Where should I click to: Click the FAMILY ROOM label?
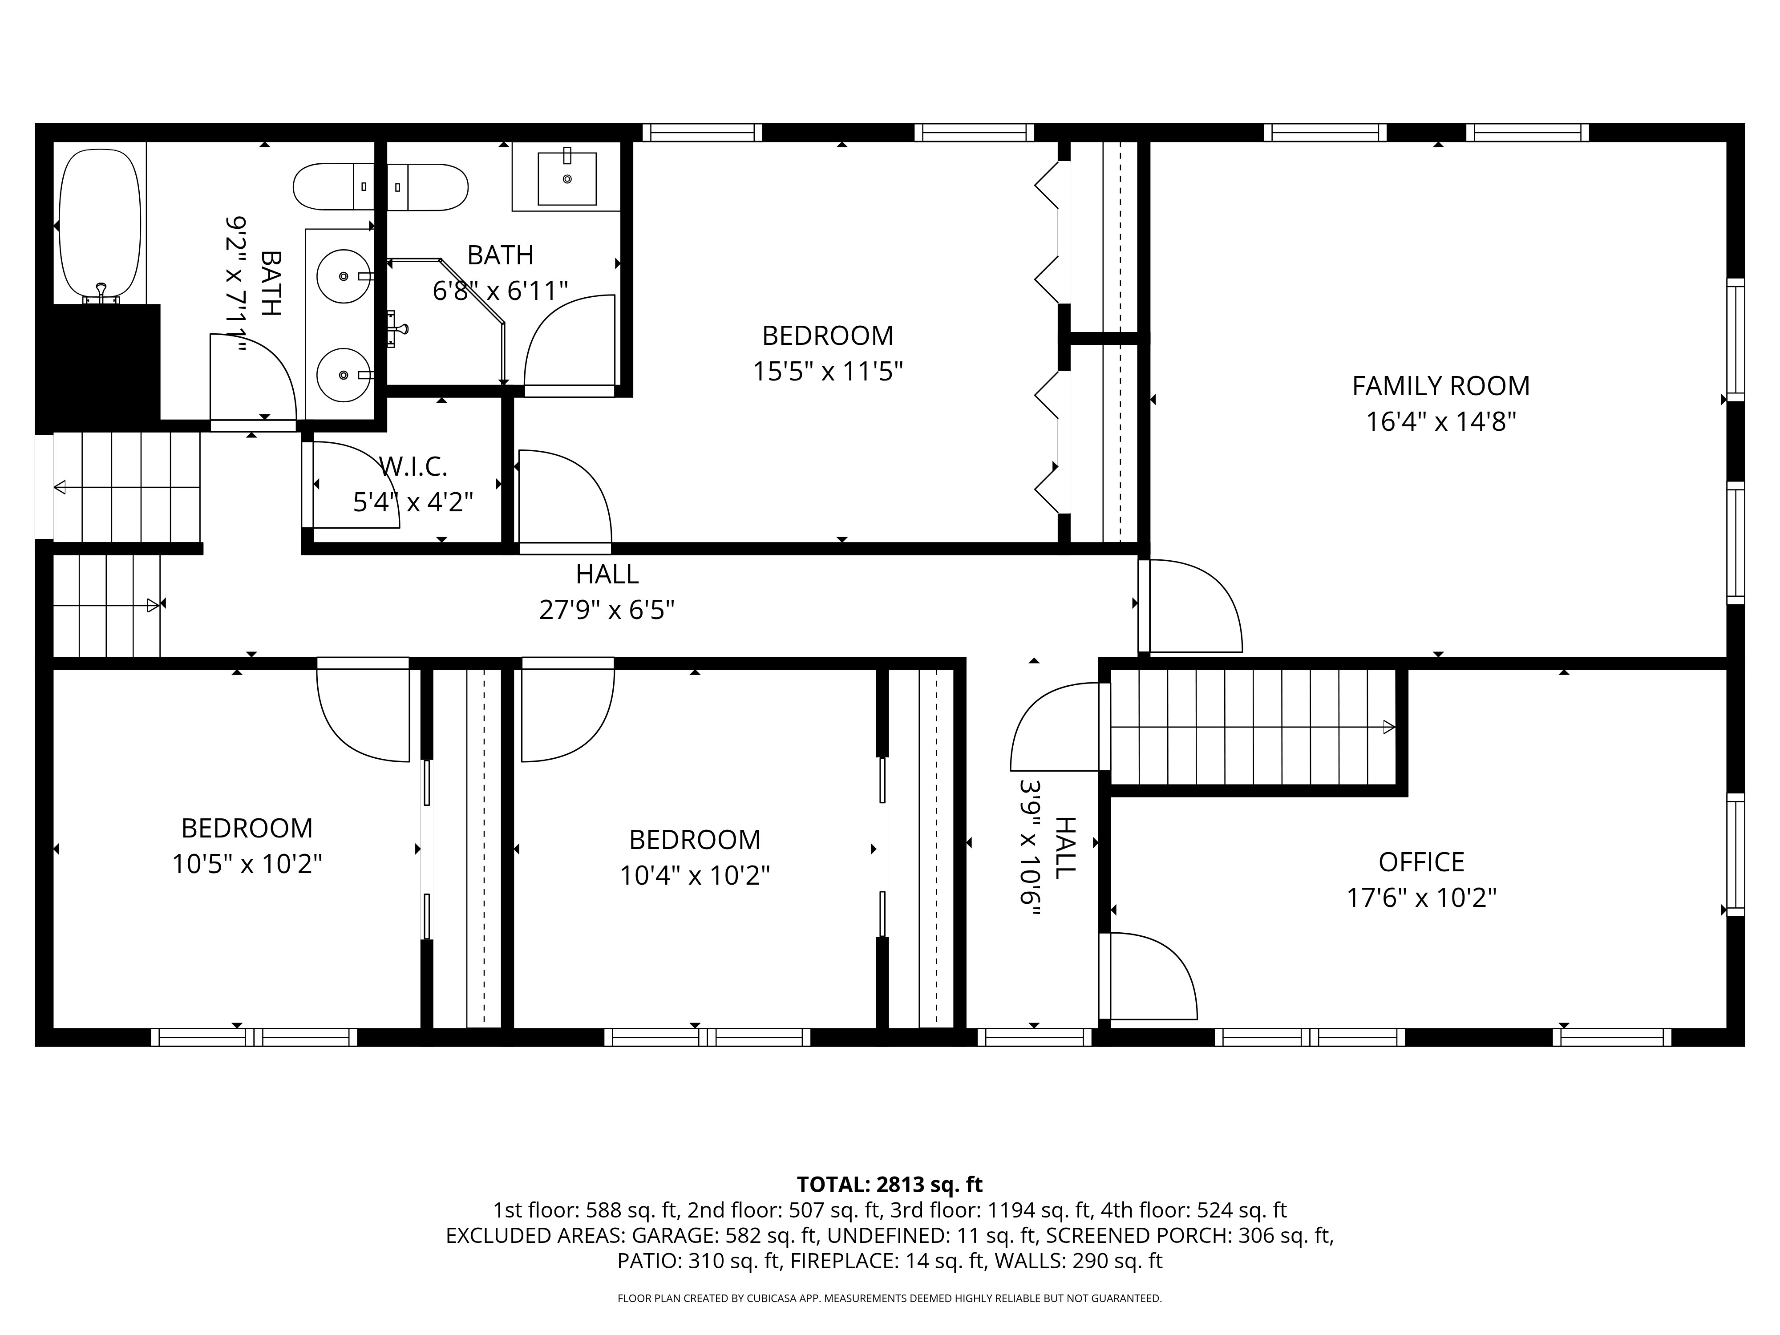click(x=1440, y=386)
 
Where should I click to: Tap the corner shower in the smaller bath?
click(x=447, y=322)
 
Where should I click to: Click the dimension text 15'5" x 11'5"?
click(x=828, y=372)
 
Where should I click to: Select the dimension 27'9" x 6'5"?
click(x=607, y=610)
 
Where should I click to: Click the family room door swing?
click(x=1191, y=605)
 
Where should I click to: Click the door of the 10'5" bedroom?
click(x=363, y=710)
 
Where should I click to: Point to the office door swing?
click(x=1148, y=976)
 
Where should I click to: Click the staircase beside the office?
click(x=1253, y=727)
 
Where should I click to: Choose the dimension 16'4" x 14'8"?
click(x=1440, y=422)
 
